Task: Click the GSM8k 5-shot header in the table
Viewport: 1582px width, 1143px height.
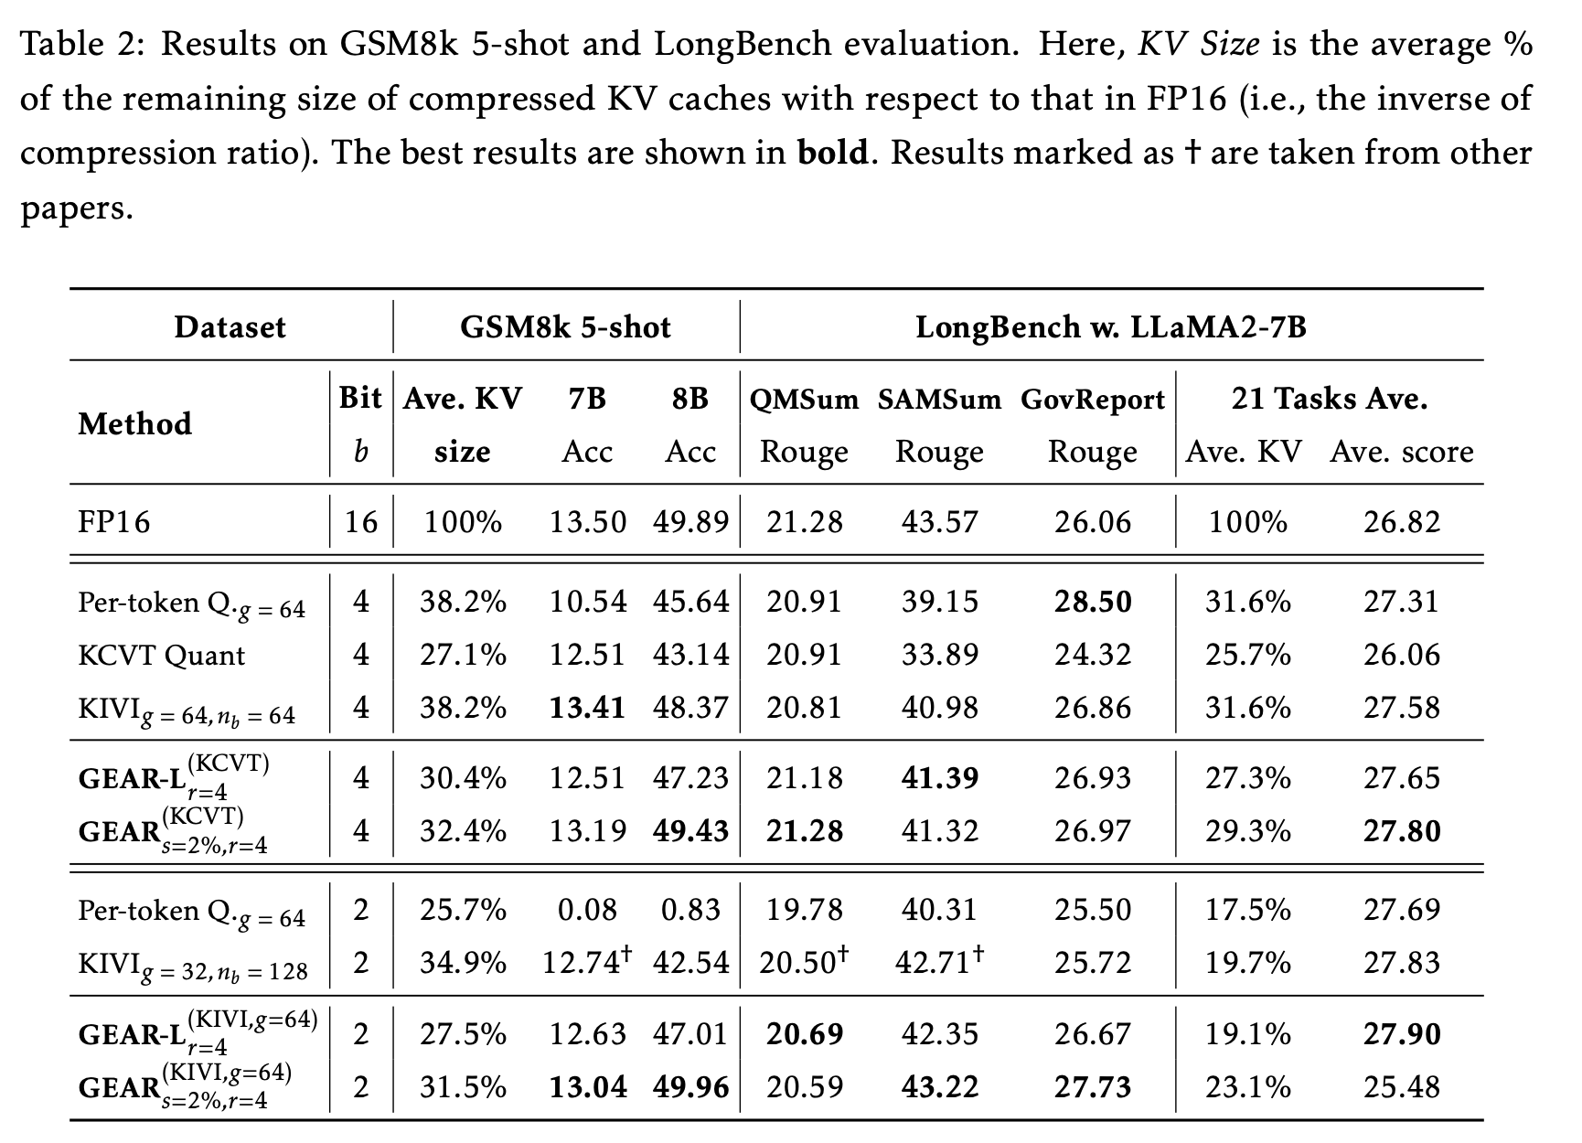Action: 565,327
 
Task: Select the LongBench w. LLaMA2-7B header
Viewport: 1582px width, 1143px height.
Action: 1110,327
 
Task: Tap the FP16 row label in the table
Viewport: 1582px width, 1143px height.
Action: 114,522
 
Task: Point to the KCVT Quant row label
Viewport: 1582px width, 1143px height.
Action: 162,655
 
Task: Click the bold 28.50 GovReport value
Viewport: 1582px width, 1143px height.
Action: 1092,602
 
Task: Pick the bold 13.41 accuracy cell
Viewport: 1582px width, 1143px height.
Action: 587,707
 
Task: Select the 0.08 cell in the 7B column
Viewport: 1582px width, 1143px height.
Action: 587,910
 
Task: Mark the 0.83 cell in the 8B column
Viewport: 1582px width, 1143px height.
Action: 690,910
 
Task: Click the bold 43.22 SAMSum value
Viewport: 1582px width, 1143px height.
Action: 939,1086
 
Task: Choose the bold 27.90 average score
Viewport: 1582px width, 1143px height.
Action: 1401,1033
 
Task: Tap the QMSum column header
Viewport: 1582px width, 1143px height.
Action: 804,400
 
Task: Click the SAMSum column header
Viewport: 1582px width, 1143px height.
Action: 939,400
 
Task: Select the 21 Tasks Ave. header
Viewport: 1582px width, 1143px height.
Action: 1329,399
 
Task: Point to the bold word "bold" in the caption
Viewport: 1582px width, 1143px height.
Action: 832,153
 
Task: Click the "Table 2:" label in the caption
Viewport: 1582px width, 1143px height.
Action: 80,44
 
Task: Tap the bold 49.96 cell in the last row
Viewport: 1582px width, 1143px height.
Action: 690,1086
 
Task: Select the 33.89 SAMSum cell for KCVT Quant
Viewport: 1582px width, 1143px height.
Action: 939,655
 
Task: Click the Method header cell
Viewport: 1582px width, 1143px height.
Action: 135,424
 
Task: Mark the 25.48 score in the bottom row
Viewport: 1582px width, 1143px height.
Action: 1401,1086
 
